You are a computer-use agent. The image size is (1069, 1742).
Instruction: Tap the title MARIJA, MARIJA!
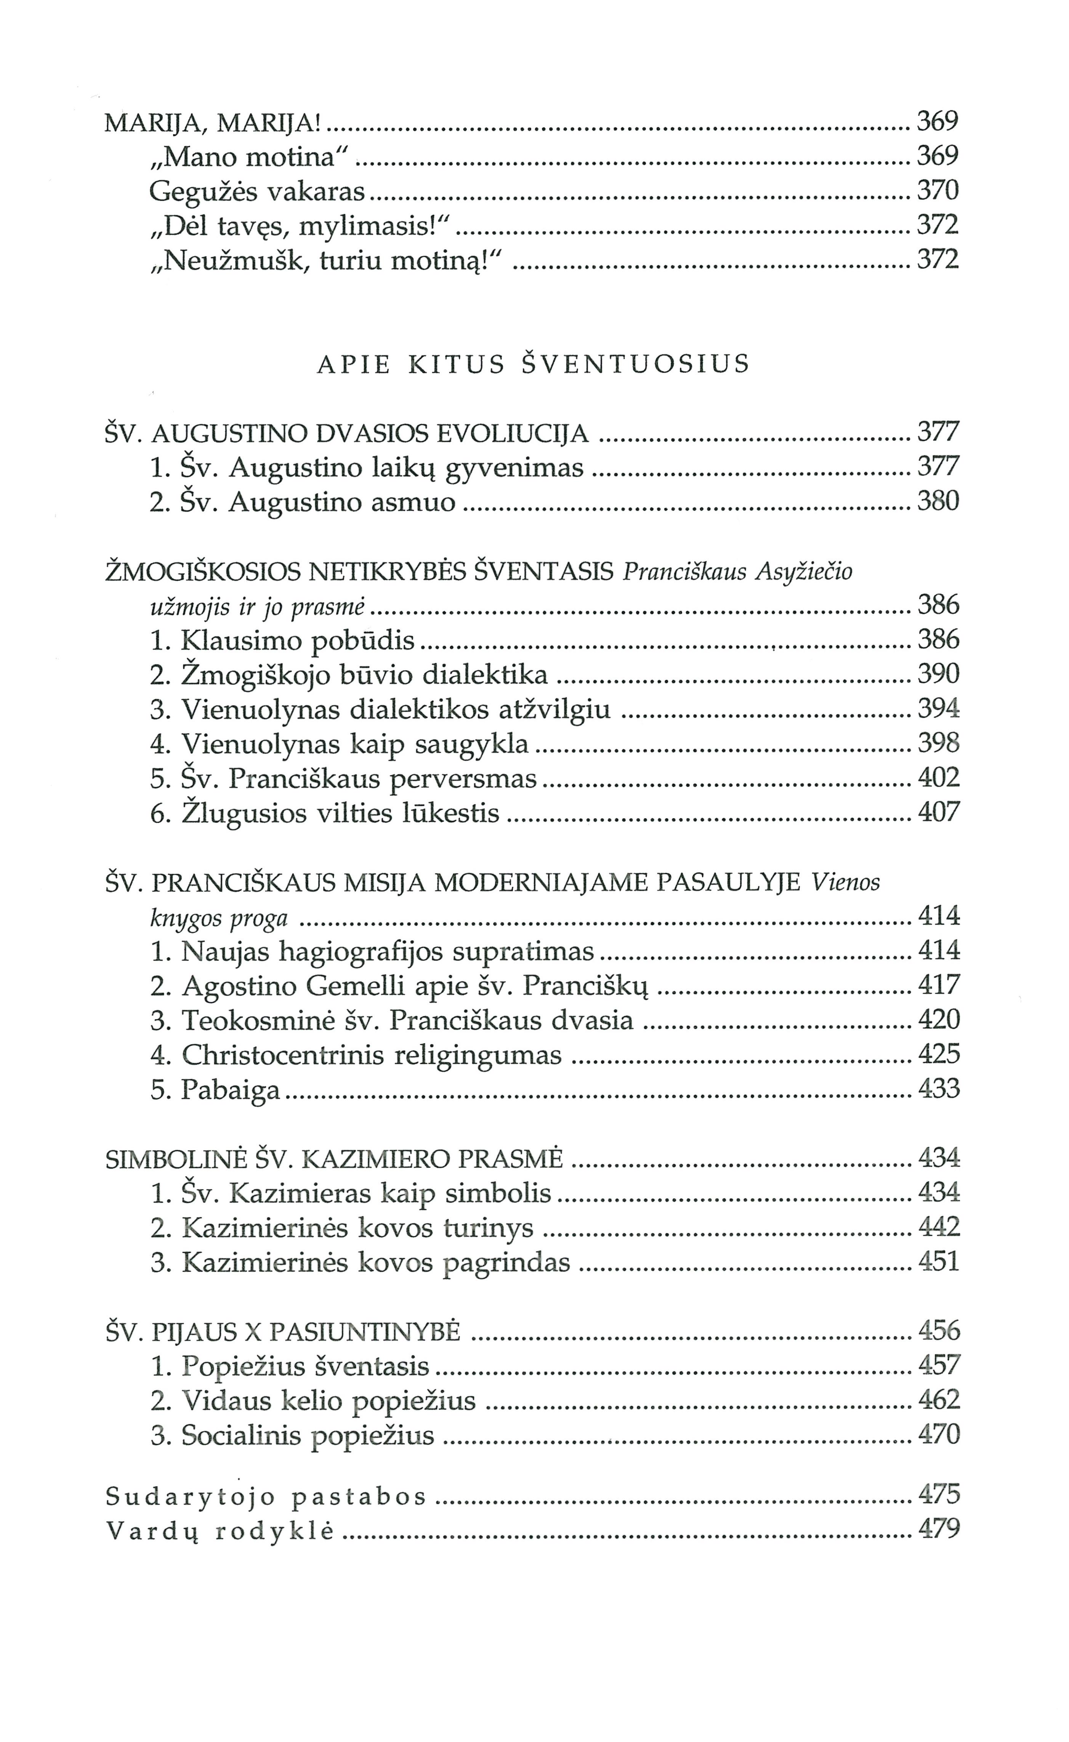click(x=213, y=123)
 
